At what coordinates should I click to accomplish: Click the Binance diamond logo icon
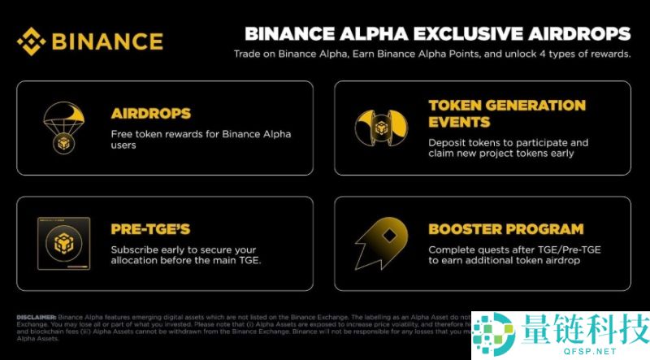pos(33,41)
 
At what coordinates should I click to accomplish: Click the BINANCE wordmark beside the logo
pos(107,41)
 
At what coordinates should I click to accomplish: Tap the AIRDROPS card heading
pos(151,113)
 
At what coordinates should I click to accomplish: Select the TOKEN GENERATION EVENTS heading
pos(506,114)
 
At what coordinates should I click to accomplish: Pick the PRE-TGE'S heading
pos(150,229)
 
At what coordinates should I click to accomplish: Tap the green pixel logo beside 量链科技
pos(496,333)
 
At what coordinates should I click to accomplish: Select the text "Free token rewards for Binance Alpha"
pos(201,134)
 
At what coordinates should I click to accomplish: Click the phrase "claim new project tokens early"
pos(502,154)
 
